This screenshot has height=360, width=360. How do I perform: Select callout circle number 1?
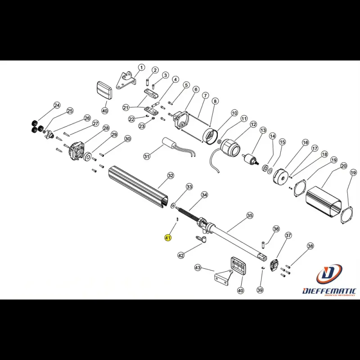pos(142,68)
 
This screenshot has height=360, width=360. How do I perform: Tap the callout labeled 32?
pos(171,175)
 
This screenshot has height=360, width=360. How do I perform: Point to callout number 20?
pos(343,166)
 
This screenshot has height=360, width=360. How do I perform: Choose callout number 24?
pos(57,106)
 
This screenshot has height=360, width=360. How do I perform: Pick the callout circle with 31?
pos(147,157)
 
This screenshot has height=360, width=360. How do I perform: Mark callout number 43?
pos(198,268)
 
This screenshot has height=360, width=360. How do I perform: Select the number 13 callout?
pos(263,130)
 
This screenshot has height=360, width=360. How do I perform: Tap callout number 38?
pos(310,246)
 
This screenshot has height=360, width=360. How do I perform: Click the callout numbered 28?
pos(106,128)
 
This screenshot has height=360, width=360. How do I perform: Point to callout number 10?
pos(234,113)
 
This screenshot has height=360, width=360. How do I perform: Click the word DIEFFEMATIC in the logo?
pos(329,291)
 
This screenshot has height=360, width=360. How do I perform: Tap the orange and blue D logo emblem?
pos(329,274)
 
